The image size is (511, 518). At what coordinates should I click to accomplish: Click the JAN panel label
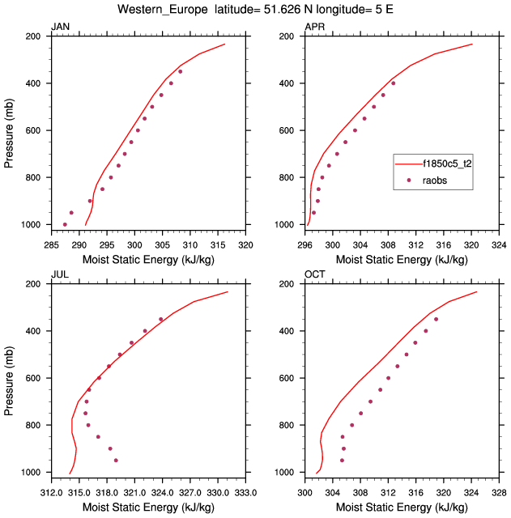(60, 28)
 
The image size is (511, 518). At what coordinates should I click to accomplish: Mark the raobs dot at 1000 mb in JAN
(65, 224)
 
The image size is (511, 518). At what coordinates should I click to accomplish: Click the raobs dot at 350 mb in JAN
(181, 71)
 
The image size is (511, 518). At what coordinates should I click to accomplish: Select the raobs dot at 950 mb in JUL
(116, 461)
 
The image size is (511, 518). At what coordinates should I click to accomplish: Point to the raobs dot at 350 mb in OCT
(436, 319)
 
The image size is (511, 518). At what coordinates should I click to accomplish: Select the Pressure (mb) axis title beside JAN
(9, 130)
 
